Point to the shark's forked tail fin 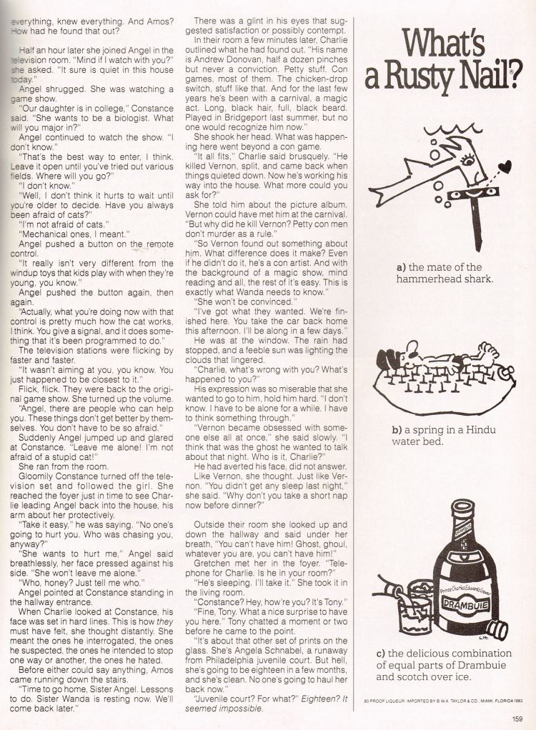[383, 199]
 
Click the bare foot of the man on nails [489, 351]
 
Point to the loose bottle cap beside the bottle [497, 630]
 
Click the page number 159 [517, 719]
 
